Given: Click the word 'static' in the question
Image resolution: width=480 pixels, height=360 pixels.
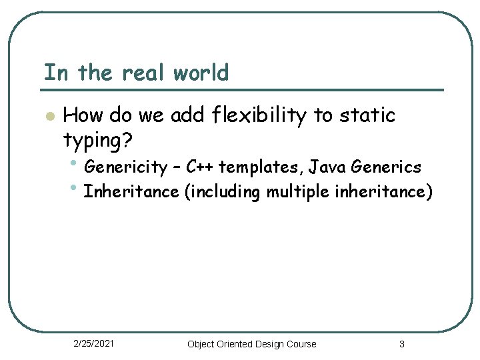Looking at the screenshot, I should pos(367,115).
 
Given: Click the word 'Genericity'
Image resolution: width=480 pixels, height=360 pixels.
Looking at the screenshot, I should pos(126,167).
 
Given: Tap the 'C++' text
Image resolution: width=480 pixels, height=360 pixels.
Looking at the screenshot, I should pos(199,167).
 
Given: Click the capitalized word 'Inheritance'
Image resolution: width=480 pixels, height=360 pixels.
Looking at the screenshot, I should pos(131,192).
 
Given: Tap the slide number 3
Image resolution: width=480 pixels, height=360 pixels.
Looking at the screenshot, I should pos(402,344).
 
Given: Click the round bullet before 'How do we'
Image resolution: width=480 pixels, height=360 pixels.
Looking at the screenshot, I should pos(48,117).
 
